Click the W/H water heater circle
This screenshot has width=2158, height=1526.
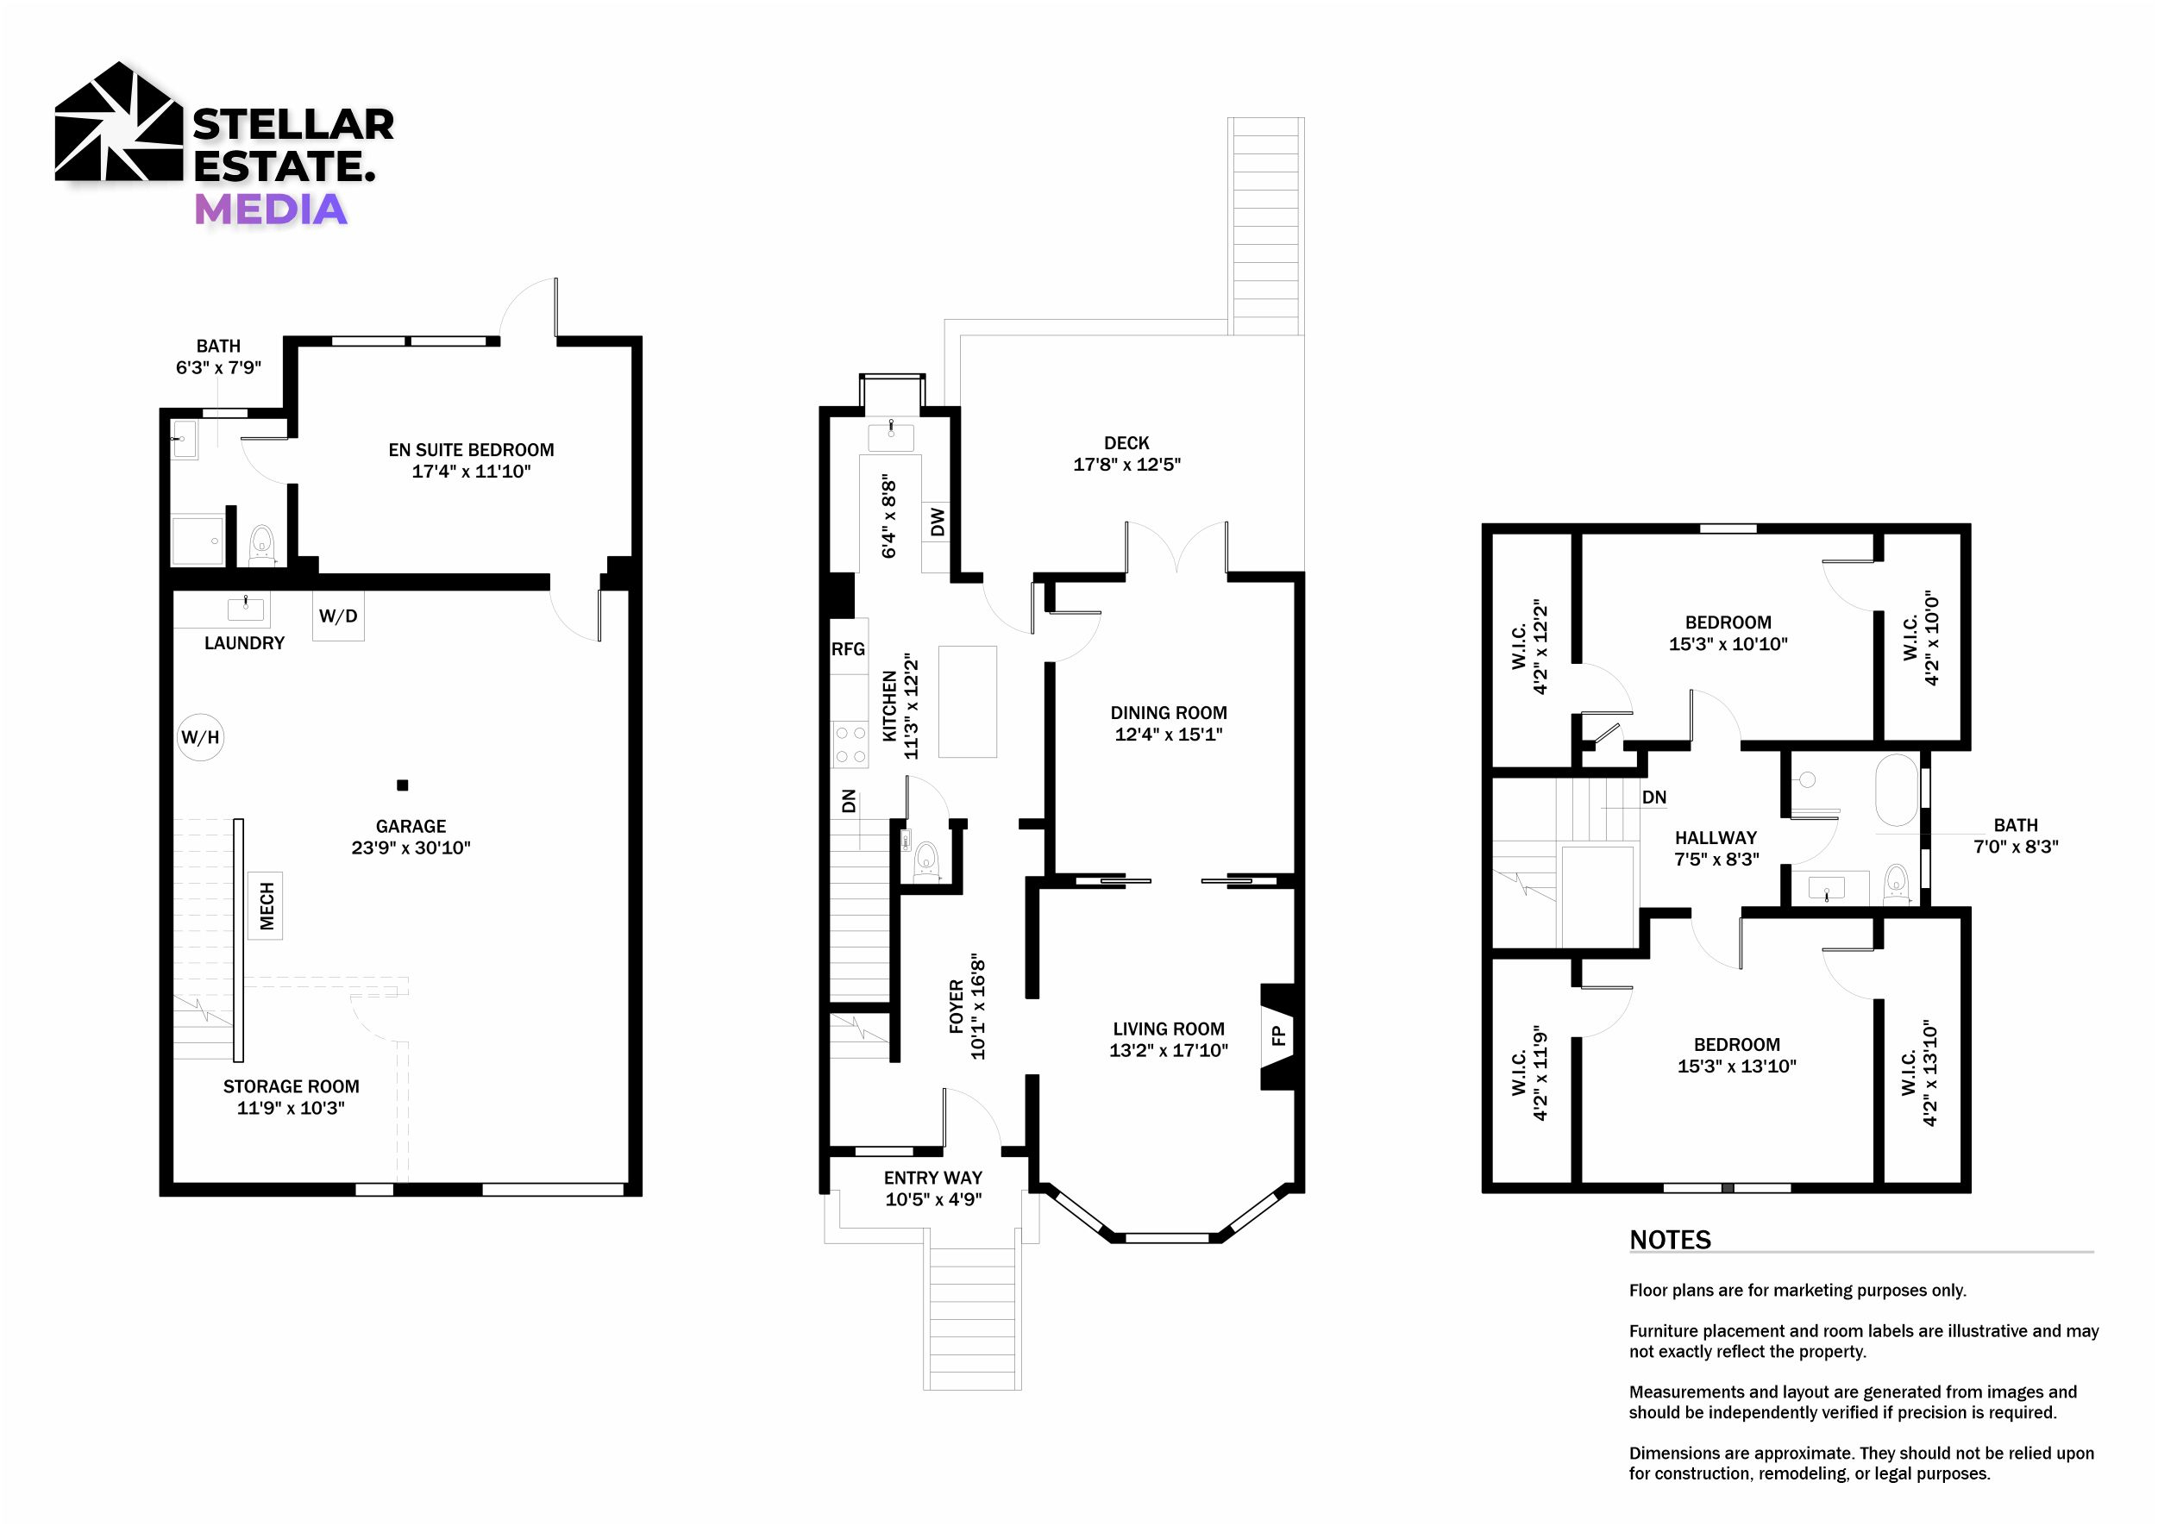coord(200,736)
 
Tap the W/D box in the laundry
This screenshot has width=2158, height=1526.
coord(338,616)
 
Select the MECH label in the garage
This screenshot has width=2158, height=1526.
coord(266,906)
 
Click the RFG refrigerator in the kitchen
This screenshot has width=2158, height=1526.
coord(848,648)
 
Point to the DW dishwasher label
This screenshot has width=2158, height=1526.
coord(937,522)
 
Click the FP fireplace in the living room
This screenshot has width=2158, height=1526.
coord(1278,1035)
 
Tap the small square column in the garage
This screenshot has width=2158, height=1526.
coord(402,785)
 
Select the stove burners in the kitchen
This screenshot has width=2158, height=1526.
coord(850,744)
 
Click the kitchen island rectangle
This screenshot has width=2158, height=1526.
coord(967,701)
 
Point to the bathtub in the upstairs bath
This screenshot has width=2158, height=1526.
coord(1897,791)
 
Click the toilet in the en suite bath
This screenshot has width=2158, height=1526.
coord(261,545)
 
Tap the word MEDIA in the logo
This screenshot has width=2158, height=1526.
coord(271,209)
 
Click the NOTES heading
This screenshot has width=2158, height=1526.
coord(1669,1240)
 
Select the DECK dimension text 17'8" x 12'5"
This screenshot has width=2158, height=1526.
coord(1127,464)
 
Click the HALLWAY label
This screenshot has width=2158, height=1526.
coord(1716,837)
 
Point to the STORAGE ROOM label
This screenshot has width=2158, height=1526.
coord(292,1086)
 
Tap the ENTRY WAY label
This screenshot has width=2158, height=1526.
coord(933,1178)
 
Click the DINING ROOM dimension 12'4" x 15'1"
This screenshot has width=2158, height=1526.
coord(1169,734)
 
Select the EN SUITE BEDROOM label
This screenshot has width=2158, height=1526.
coord(471,449)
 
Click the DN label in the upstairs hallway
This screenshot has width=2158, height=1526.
coord(1654,797)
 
